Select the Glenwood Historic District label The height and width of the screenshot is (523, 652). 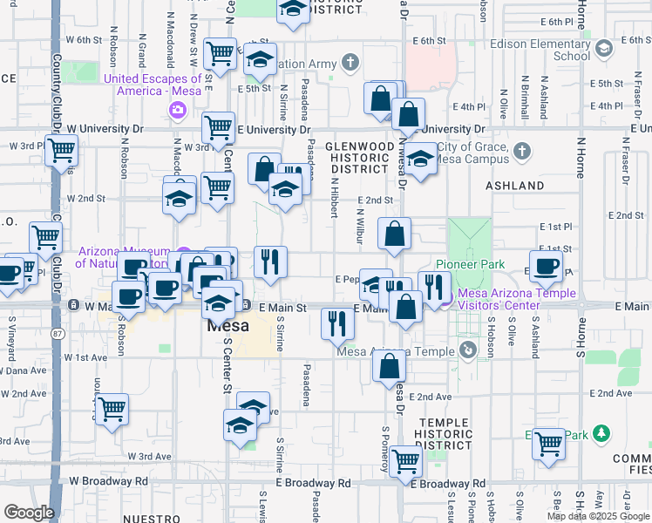pyautogui.click(x=360, y=157)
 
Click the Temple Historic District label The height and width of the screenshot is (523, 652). pyautogui.click(x=445, y=433)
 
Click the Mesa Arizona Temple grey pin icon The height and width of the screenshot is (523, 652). pyautogui.click(x=468, y=350)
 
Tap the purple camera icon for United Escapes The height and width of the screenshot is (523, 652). pyautogui.click(x=179, y=110)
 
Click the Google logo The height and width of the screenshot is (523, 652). pyautogui.click(x=29, y=513)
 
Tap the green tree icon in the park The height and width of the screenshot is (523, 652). pyautogui.click(x=601, y=433)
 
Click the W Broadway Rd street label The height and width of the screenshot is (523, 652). pyautogui.click(x=105, y=480)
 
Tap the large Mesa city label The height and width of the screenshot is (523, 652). pyautogui.click(x=228, y=327)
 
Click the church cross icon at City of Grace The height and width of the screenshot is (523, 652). pyautogui.click(x=521, y=152)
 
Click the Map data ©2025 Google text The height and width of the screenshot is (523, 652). pyautogui.click(x=598, y=516)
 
